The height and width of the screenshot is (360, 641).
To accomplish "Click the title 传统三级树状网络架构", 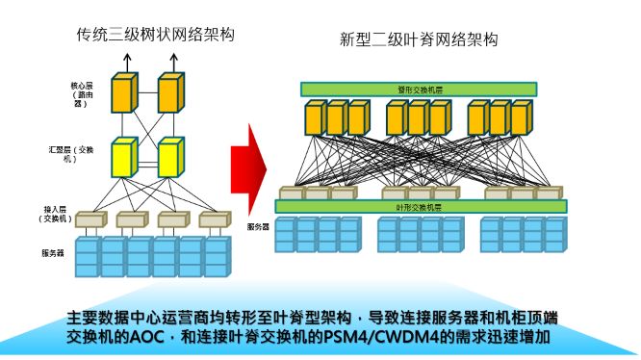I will tap(156, 36).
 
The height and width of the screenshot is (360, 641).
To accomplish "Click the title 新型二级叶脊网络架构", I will tap(419, 39).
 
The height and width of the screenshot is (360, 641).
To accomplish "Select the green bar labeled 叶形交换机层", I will tap(422, 207).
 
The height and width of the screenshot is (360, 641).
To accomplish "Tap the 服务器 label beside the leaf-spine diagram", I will tap(257, 227).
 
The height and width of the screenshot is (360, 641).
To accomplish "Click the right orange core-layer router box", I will tap(169, 92).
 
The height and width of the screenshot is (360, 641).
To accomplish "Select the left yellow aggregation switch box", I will tap(124, 157).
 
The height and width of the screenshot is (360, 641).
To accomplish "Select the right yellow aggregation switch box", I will tap(169, 157).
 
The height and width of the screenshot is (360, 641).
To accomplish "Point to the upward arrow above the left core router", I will tap(124, 60).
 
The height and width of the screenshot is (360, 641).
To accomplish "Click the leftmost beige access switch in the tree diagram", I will tap(89, 219).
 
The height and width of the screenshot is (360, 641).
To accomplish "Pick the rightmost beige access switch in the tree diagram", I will tap(214, 219).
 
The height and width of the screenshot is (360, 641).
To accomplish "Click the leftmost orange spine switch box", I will tap(316, 118).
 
